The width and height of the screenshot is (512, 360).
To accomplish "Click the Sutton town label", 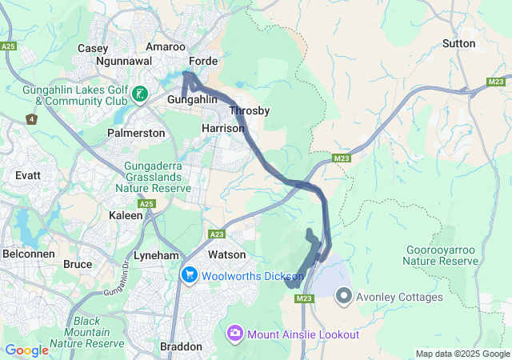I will pos(458,43).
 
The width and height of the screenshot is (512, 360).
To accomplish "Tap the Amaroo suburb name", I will pos(166,47).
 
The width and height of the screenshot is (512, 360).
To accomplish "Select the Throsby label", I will pos(249,110).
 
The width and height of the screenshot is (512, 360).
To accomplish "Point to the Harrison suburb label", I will pos(223,128).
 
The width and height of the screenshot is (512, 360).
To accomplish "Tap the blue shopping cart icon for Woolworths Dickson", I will pos(190,275).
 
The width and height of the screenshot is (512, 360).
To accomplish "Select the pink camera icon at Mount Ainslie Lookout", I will pos(235,332).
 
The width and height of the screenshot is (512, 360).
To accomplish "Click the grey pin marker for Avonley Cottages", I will pos(344,296).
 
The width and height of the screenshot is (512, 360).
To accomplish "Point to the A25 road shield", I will pos(9,47).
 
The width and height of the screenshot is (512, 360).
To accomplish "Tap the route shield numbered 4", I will pos(31,119).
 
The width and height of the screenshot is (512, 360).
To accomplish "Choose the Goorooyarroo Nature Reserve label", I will pos(439,255).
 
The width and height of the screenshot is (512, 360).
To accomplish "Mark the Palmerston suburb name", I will pos(136,133).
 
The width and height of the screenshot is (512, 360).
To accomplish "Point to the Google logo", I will pos(26,350).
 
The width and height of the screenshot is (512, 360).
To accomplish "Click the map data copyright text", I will pos(462,354).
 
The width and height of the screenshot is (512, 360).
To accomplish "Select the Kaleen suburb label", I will pos(126,216).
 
